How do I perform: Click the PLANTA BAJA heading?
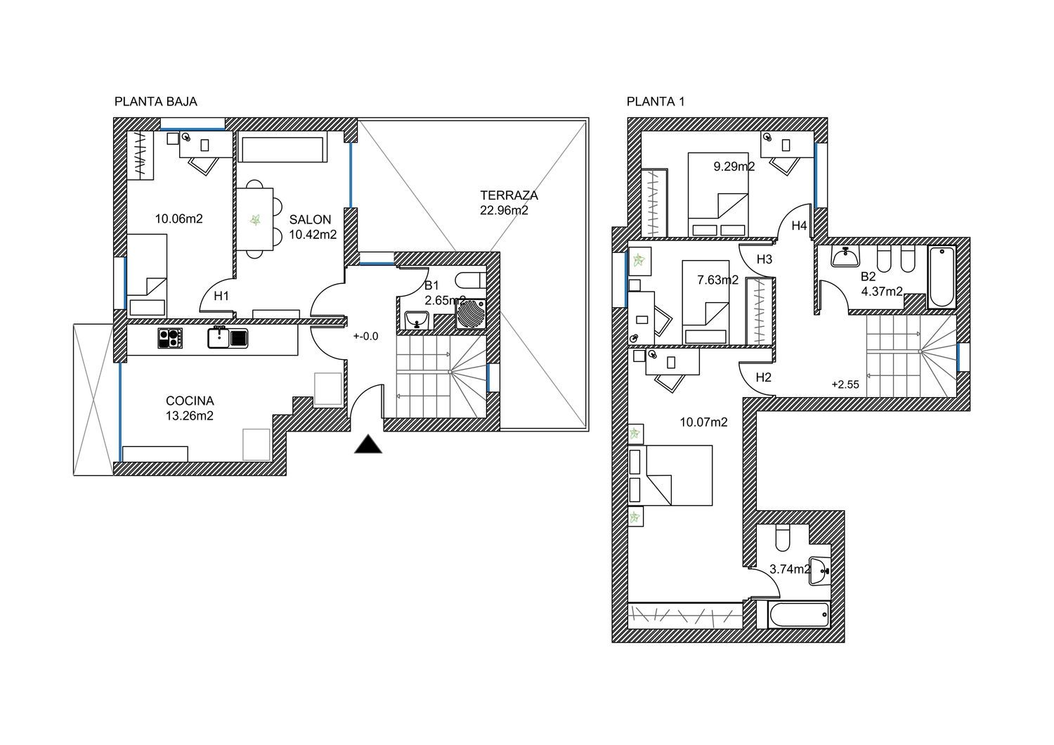point(156,102)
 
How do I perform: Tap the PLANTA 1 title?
point(656,102)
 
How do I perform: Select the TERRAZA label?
point(509,195)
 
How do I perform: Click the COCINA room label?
point(190,401)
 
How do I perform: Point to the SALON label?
point(310,219)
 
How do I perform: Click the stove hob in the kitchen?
point(170,338)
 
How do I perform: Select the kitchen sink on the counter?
point(228,337)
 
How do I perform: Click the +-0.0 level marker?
point(365,337)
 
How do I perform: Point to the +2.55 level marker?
point(845,384)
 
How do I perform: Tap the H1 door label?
point(221,296)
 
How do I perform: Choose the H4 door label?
point(799,226)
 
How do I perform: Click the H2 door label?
point(763,377)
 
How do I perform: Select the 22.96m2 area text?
point(504,210)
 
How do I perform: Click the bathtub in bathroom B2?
point(942,277)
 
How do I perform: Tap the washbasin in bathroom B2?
point(845,257)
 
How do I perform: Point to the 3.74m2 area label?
point(790,569)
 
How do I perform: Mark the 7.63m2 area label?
point(717,280)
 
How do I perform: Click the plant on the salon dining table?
point(256,219)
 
